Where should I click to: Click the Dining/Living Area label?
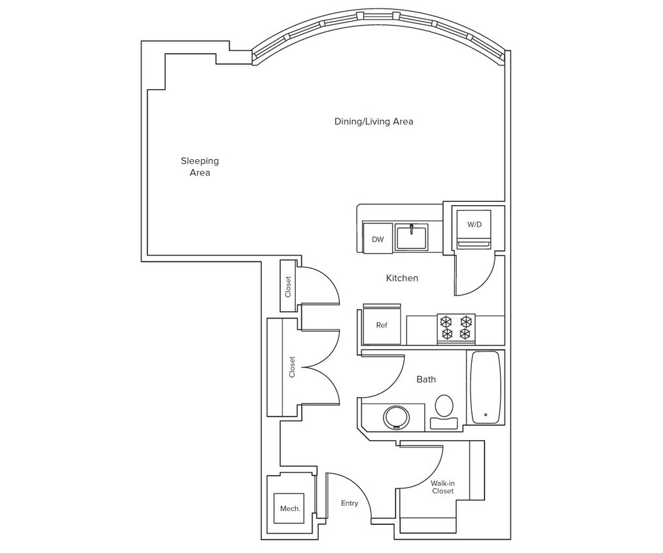pyautogui.click(x=373, y=121)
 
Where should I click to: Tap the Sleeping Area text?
pyautogui.click(x=200, y=166)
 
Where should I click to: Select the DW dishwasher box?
pyautogui.click(x=378, y=239)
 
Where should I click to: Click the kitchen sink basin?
pyautogui.click(x=411, y=238)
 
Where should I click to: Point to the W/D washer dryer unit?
pyautogui.click(x=474, y=225)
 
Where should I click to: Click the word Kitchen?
pyautogui.click(x=401, y=278)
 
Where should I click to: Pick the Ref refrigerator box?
pyautogui.click(x=382, y=324)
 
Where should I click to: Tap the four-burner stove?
pyautogui.click(x=456, y=328)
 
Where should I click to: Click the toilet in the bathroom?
pyautogui.click(x=444, y=408)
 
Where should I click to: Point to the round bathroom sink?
pyautogui.click(x=395, y=417)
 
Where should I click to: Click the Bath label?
pyautogui.click(x=425, y=379)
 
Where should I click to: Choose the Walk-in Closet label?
pyautogui.click(x=442, y=487)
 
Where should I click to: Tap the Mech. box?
pyautogui.click(x=290, y=508)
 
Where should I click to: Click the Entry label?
pyautogui.click(x=349, y=503)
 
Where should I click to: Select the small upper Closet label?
pyautogui.click(x=288, y=286)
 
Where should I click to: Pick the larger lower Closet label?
pyautogui.click(x=292, y=367)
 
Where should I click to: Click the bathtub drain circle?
pyautogui.click(x=485, y=414)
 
